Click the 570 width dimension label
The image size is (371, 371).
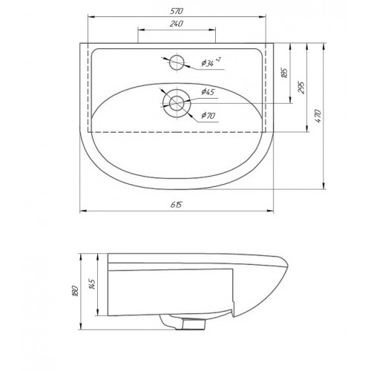[177, 11]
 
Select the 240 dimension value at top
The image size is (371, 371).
[177, 24]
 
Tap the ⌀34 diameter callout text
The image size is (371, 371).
[211, 62]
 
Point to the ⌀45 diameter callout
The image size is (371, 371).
[208, 92]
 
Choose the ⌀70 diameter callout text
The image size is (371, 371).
[208, 115]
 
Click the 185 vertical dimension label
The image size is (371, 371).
[285, 73]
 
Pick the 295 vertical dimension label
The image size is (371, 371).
[301, 87]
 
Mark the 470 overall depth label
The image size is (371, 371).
[318, 116]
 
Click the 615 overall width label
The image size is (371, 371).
[176, 205]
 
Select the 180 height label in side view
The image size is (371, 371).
[76, 291]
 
